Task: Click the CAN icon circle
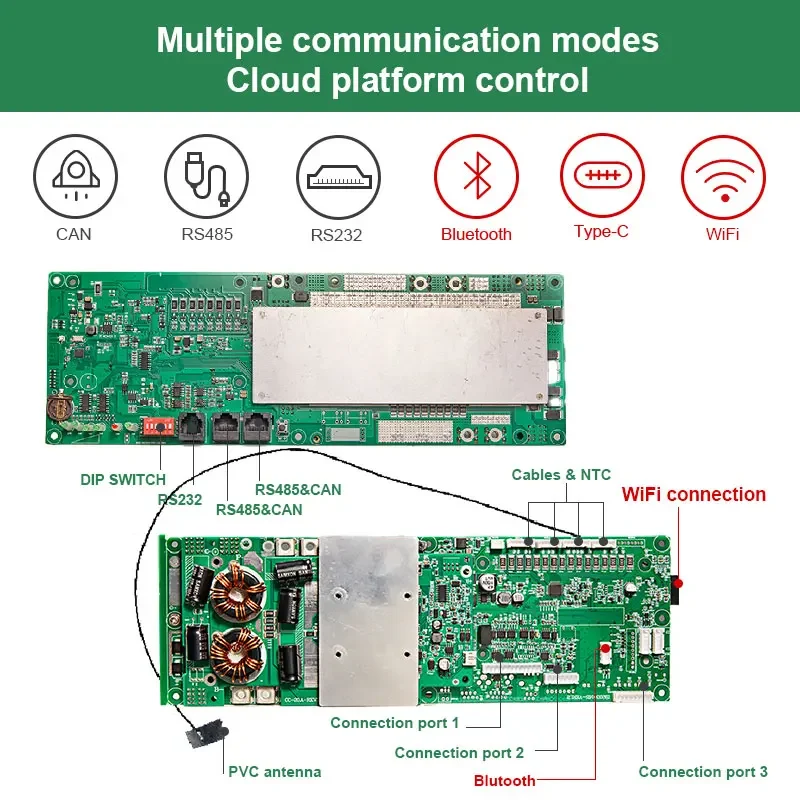74,176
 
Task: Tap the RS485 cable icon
205,176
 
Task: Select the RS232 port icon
338,177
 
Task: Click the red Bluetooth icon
476,176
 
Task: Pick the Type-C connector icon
602,175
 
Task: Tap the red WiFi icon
723,176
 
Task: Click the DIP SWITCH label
123,480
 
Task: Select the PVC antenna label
275,771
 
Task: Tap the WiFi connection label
694,494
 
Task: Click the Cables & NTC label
561,475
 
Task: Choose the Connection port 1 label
395,723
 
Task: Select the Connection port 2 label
459,753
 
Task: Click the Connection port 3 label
703,771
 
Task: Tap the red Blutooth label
505,780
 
